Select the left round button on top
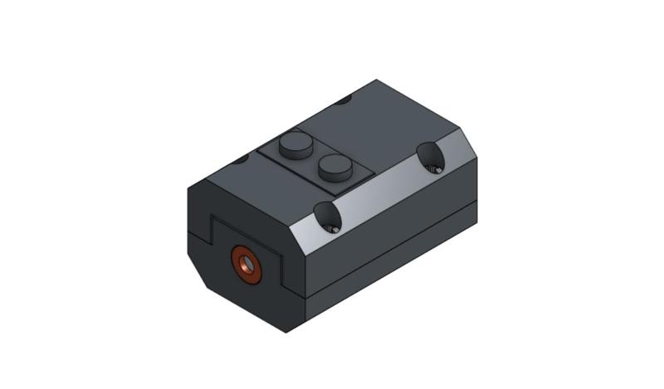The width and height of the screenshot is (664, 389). click(x=294, y=146)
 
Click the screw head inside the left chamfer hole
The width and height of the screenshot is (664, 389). click(x=333, y=225)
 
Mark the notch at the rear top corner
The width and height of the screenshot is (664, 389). click(x=344, y=100)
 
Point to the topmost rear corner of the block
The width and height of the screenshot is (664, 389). click(x=378, y=80)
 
